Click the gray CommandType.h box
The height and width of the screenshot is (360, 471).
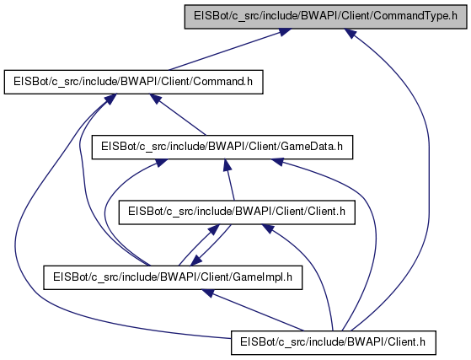(325, 17)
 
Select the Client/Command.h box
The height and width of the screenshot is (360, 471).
(133, 82)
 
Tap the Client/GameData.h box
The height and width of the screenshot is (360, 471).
(222, 147)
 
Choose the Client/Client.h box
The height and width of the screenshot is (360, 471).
(237, 212)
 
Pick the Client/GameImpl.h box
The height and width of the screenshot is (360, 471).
(173, 277)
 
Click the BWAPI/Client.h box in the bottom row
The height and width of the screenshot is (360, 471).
(333, 342)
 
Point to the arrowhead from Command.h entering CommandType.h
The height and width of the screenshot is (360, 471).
(284, 32)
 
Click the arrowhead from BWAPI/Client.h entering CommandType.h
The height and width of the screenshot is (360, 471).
(351, 33)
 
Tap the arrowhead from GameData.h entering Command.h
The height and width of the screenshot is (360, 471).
(156, 99)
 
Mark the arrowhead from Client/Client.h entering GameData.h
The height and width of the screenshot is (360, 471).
(227, 165)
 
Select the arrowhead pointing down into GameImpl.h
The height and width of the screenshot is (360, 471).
(196, 261)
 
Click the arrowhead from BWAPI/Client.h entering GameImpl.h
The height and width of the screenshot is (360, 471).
(208, 293)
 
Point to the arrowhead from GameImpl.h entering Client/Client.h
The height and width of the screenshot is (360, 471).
(213, 229)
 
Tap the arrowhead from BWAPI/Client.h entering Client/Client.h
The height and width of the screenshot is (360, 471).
(268, 228)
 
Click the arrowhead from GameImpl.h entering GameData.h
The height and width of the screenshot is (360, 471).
(161, 163)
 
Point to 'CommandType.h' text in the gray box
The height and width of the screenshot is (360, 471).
(415, 16)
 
